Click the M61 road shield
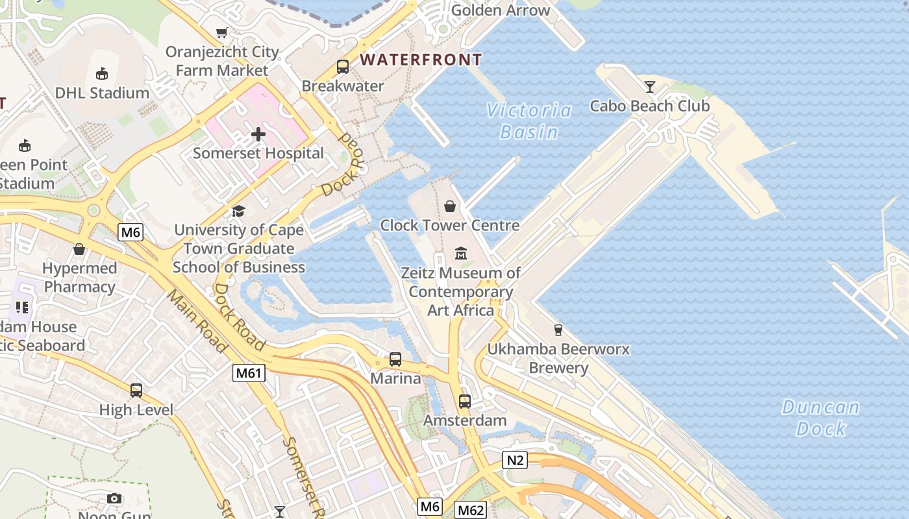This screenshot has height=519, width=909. (249, 372)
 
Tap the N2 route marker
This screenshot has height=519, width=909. (514, 460)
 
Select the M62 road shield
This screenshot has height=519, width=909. (470, 510)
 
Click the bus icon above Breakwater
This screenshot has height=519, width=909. (342, 67)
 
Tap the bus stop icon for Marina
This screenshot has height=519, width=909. (395, 359)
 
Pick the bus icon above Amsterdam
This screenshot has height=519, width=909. (465, 401)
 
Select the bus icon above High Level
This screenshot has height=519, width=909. (136, 391)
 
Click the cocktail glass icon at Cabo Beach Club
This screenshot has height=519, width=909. (650, 86)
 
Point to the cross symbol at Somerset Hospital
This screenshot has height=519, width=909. (258, 134)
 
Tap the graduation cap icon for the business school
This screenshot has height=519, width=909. (239, 211)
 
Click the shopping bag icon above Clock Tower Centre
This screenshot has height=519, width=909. (449, 206)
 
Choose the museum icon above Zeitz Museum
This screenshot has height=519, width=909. (461, 253)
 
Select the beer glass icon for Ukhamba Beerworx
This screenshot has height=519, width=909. (558, 330)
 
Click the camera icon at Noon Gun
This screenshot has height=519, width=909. (114, 498)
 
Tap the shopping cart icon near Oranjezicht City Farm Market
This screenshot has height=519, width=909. (222, 32)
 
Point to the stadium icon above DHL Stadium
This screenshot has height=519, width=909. (102, 73)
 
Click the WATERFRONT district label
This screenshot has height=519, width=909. (421, 60)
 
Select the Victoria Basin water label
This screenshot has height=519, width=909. (529, 121)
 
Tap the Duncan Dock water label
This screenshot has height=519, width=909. (821, 418)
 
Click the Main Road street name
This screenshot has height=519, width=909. (198, 322)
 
